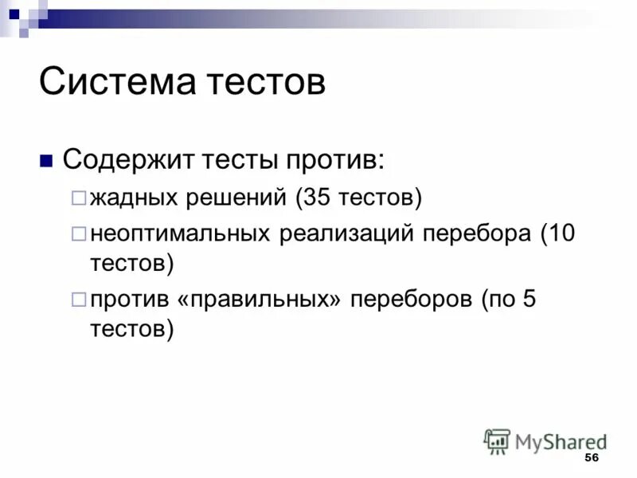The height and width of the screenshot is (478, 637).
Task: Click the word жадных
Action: [136, 197]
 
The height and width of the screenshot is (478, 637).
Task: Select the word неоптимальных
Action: [182, 234]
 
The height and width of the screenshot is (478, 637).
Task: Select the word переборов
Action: [410, 301]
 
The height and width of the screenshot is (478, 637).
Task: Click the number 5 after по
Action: [531, 301]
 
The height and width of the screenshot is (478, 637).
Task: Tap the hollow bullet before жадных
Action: [78, 197]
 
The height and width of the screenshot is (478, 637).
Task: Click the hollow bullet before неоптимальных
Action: [78, 234]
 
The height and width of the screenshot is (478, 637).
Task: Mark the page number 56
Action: [591, 457]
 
